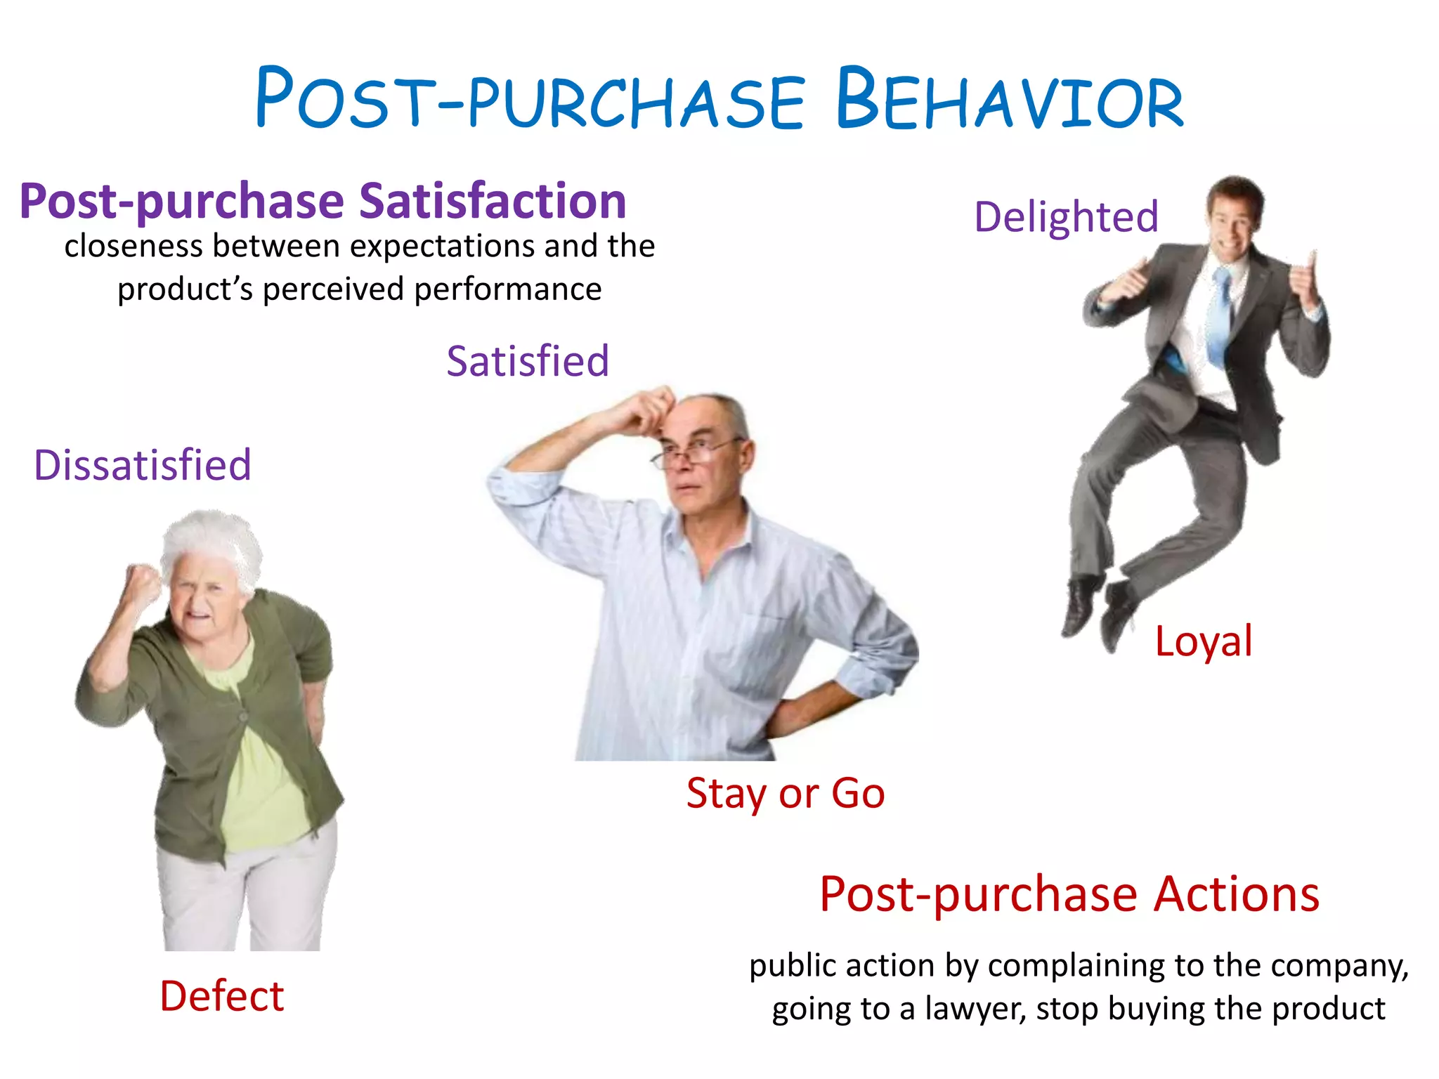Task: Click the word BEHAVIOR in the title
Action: pyautogui.click(x=1009, y=98)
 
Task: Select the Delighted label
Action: pyautogui.click(x=1065, y=216)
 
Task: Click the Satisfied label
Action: pyautogui.click(x=527, y=361)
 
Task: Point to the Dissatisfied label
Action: pyautogui.click(x=143, y=465)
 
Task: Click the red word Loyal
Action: pyautogui.click(x=1203, y=641)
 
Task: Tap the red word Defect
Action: pyautogui.click(x=222, y=996)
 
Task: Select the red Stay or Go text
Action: pyautogui.click(x=785, y=794)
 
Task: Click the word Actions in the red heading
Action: pyautogui.click(x=1237, y=894)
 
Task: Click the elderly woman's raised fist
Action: pyautogui.click(x=143, y=583)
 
